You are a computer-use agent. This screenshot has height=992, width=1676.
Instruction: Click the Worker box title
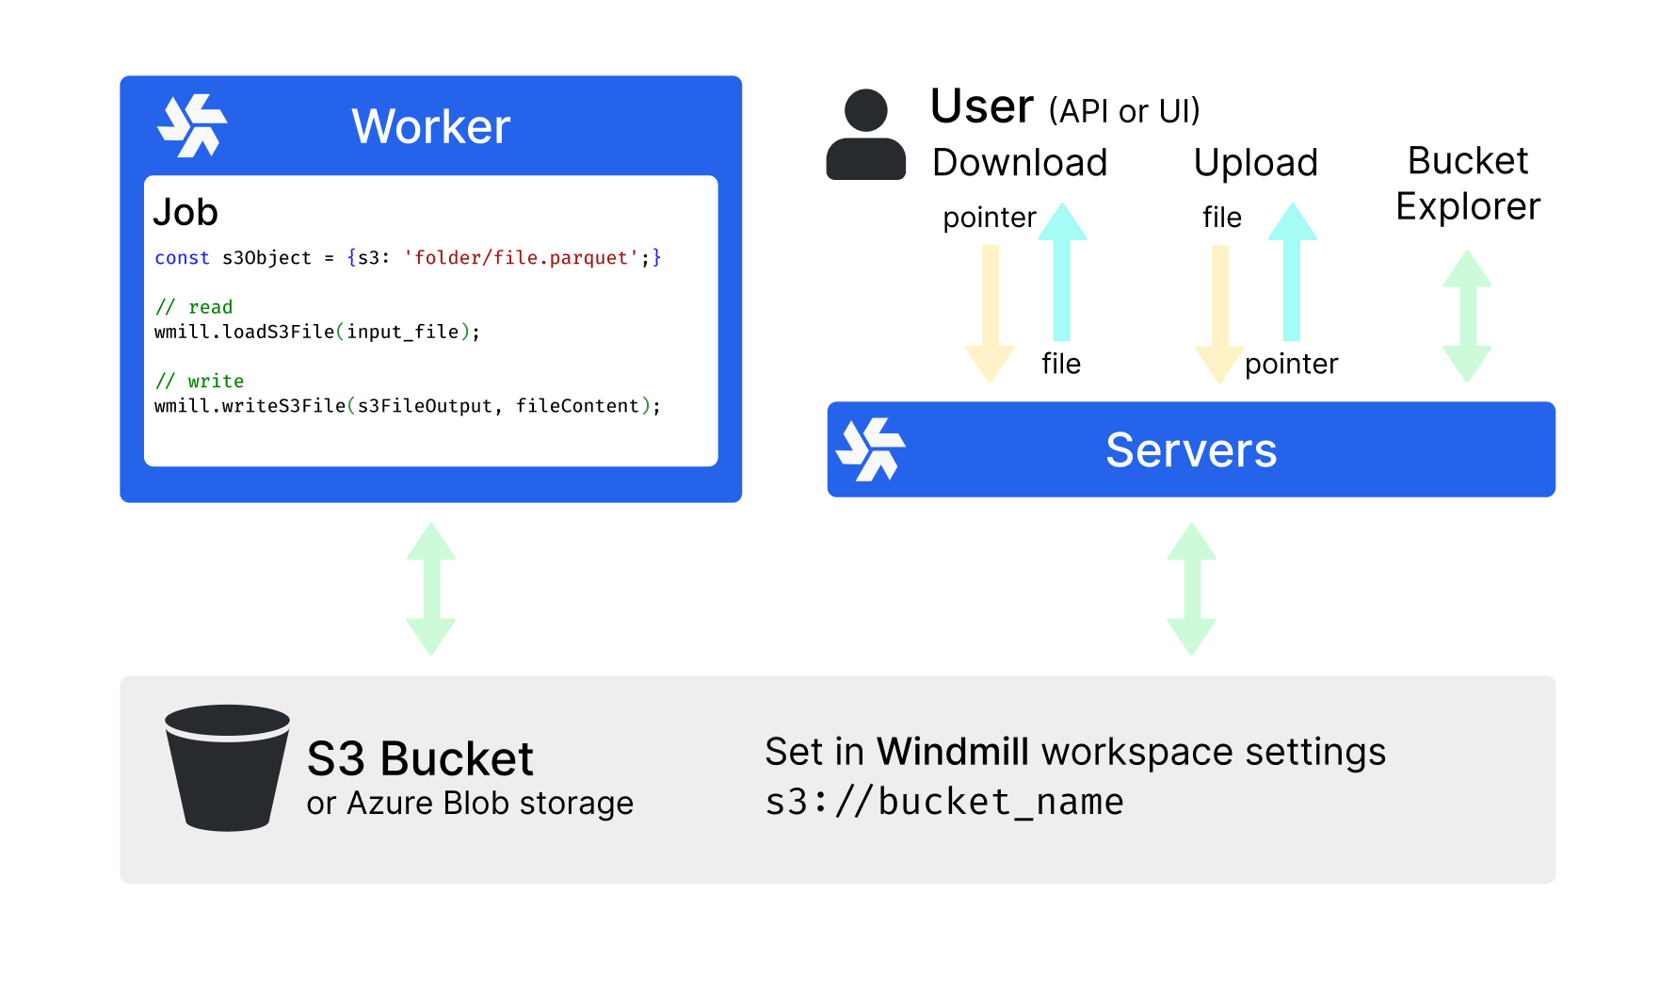click(430, 126)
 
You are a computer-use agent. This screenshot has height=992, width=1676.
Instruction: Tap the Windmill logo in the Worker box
click(192, 125)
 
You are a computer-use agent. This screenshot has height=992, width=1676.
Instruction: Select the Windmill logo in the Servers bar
click(870, 449)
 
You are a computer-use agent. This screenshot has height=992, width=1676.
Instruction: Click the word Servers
click(1191, 450)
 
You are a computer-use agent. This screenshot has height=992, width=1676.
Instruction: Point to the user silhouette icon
click(865, 135)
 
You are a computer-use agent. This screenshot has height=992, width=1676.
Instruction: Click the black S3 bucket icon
click(227, 767)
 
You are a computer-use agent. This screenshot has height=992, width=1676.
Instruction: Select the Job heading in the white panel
click(185, 212)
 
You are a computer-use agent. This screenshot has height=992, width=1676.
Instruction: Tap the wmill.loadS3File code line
click(317, 332)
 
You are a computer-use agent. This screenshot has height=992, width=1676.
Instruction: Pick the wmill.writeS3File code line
click(407, 406)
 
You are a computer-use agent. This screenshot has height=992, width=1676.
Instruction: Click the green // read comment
click(194, 307)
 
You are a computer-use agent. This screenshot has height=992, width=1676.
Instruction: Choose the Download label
click(1020, 163)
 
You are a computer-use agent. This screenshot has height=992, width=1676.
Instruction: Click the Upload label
click(1255, 163)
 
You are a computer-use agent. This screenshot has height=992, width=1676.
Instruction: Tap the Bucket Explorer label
click(1468, 184)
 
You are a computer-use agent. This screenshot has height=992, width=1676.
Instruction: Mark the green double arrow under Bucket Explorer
click(1467, 316)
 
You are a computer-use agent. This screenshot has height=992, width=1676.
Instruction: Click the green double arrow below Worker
click(431, 589)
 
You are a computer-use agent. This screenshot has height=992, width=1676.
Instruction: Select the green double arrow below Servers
click(1191, 589)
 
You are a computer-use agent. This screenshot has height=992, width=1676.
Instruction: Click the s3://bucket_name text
click(944, 802)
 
